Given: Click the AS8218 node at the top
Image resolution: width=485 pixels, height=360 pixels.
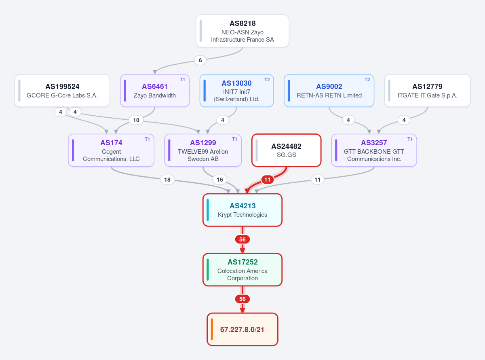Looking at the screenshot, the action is [242, 31].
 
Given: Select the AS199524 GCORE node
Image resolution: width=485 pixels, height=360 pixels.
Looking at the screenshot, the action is [62, 91].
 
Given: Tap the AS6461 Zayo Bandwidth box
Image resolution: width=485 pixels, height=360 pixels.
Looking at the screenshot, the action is [155, 91].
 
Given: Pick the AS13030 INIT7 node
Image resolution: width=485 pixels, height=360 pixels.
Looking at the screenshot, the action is [236, 91].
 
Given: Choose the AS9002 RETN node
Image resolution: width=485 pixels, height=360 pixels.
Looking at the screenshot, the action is [329, 91].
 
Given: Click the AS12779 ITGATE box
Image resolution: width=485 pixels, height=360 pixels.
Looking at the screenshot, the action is [427, 91].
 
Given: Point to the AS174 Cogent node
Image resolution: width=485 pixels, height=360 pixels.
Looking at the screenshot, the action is [111, 150].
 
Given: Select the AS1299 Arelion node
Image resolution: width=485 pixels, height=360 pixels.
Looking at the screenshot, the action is [203, 150].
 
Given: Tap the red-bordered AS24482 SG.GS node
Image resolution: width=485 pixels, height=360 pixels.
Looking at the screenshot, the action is [286, 150].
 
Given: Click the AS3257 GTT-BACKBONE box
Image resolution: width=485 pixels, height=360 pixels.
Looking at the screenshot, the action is [374, 150].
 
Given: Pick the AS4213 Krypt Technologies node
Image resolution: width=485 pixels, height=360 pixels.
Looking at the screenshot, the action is [242, 210].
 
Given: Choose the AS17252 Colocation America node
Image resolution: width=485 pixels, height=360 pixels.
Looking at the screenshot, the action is [242, 270].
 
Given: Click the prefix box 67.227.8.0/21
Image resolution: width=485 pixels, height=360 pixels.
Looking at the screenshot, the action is [242, 329].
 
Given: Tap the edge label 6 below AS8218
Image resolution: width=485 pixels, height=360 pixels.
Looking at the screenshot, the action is [200, 60].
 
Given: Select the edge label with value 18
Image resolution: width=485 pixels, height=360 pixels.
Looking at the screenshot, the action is [167, 180].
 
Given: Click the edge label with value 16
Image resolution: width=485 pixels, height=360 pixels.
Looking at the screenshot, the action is [220, 180].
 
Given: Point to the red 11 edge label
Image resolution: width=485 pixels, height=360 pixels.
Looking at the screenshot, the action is [267, 180].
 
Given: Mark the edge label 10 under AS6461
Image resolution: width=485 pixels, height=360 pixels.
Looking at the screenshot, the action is [136, 120].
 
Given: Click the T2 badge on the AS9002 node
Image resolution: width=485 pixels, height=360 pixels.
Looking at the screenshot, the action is [367, 80].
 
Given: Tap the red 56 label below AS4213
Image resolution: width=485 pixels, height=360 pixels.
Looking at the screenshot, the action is [242, 239].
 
